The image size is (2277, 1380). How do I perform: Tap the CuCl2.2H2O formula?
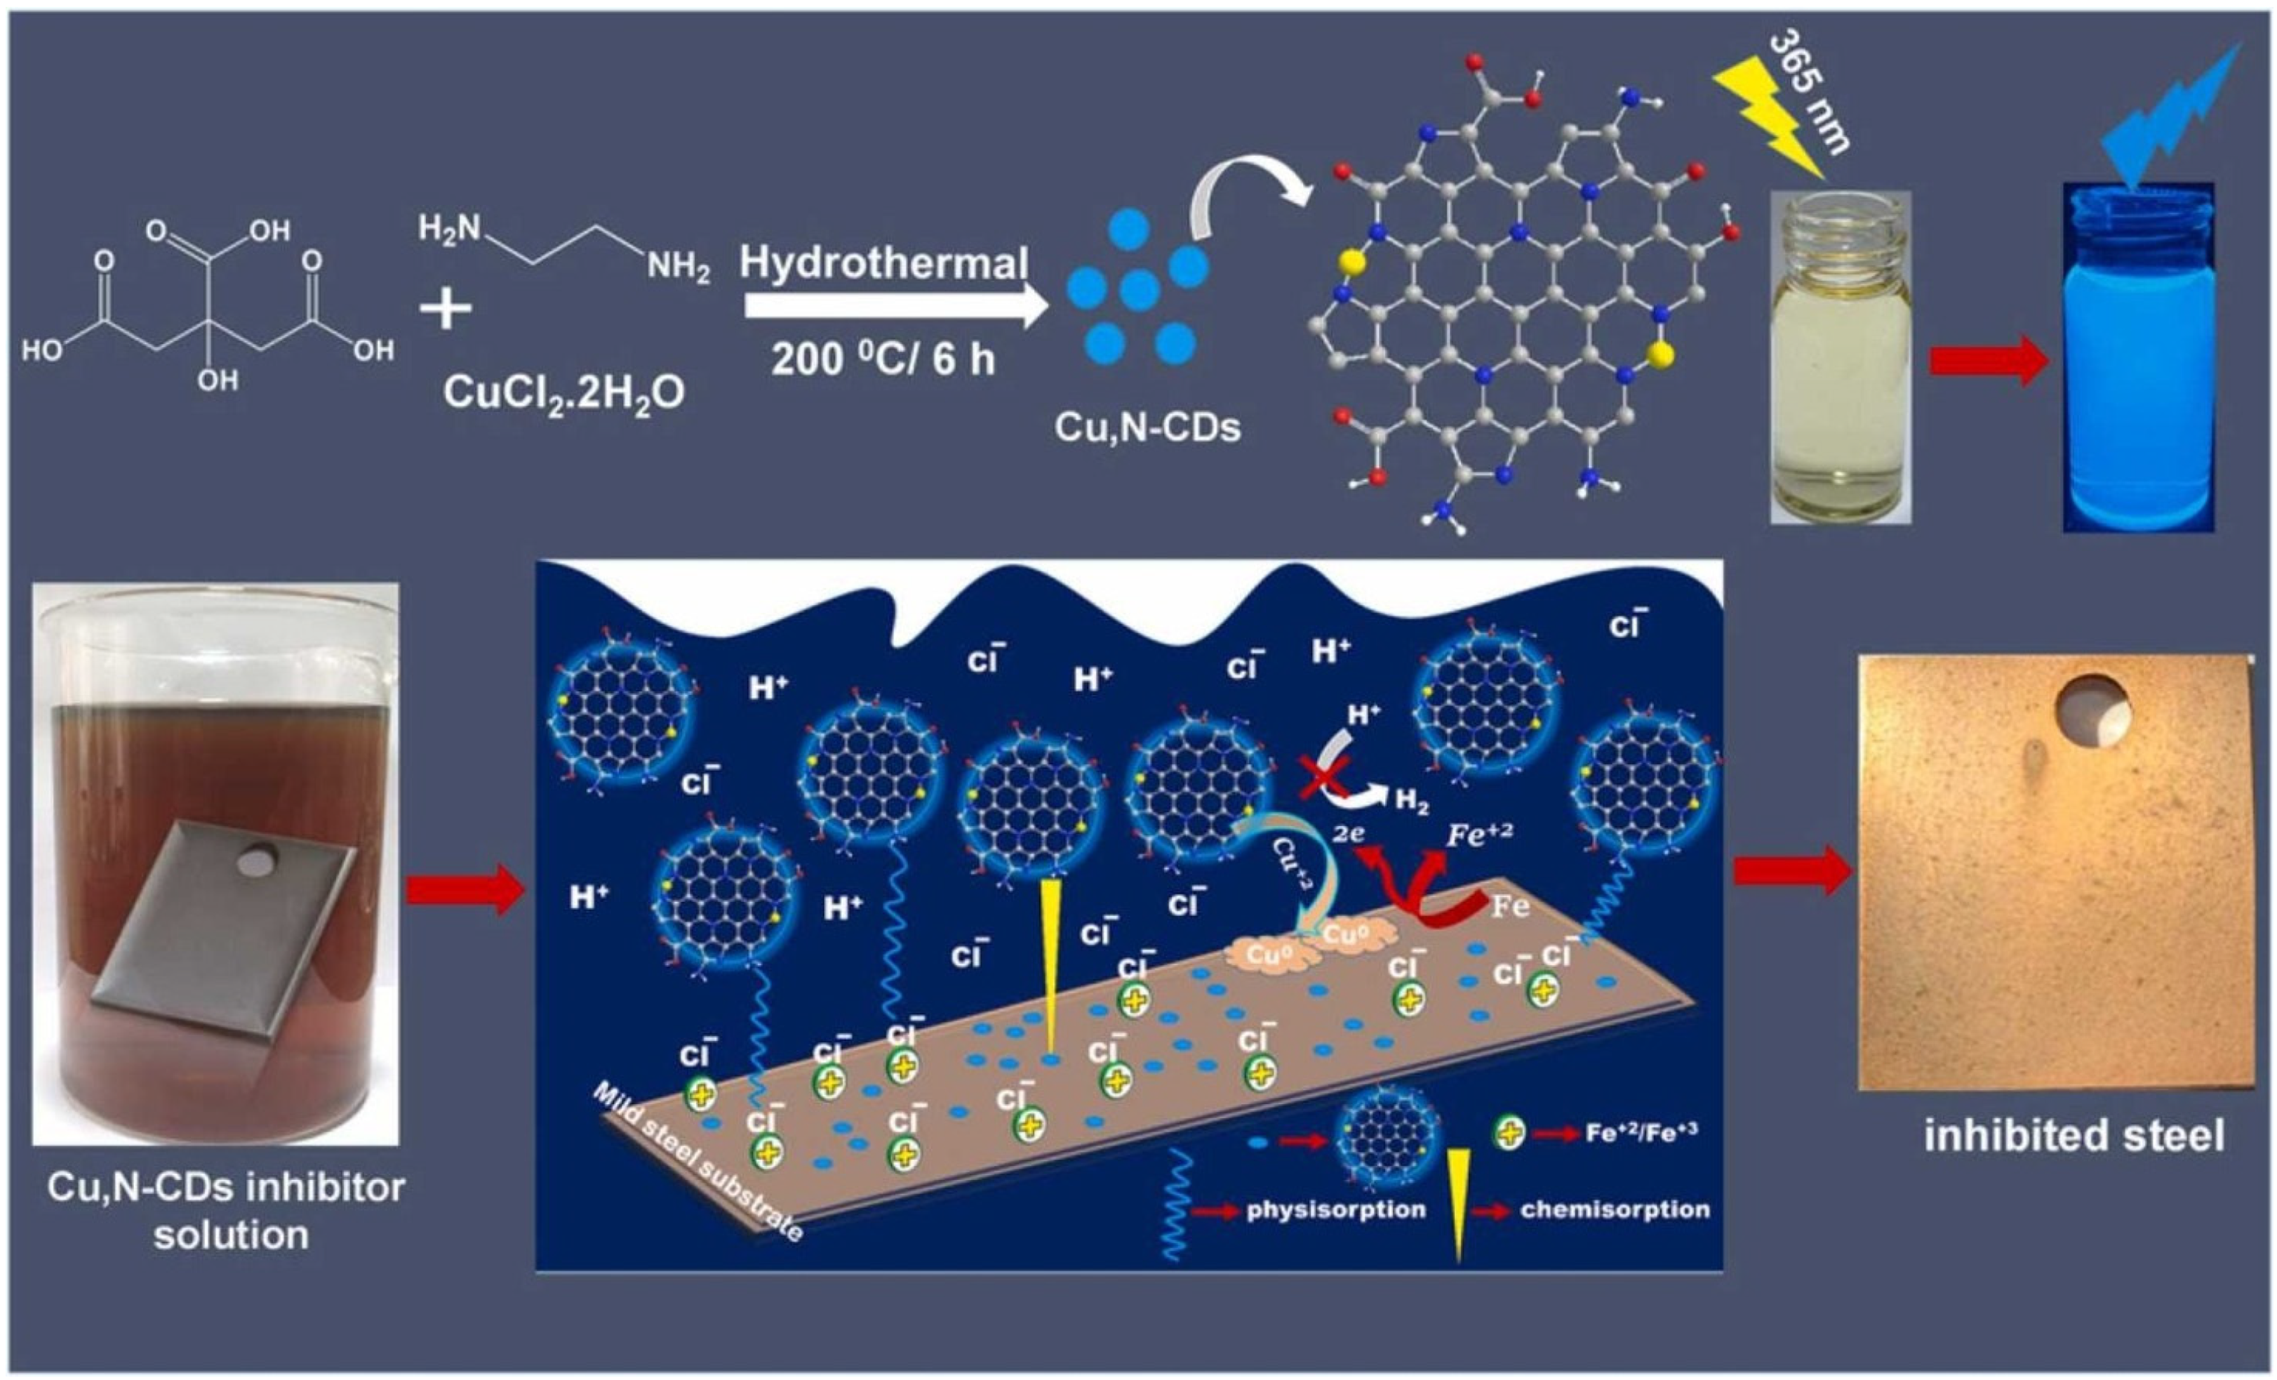click(x=563, y=393)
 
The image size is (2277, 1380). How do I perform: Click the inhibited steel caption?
click(x=2074, y=1135)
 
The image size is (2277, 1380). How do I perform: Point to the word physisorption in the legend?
click(x=1335, y=1209)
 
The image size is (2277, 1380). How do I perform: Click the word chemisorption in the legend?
click(x=1615, y=1209)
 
